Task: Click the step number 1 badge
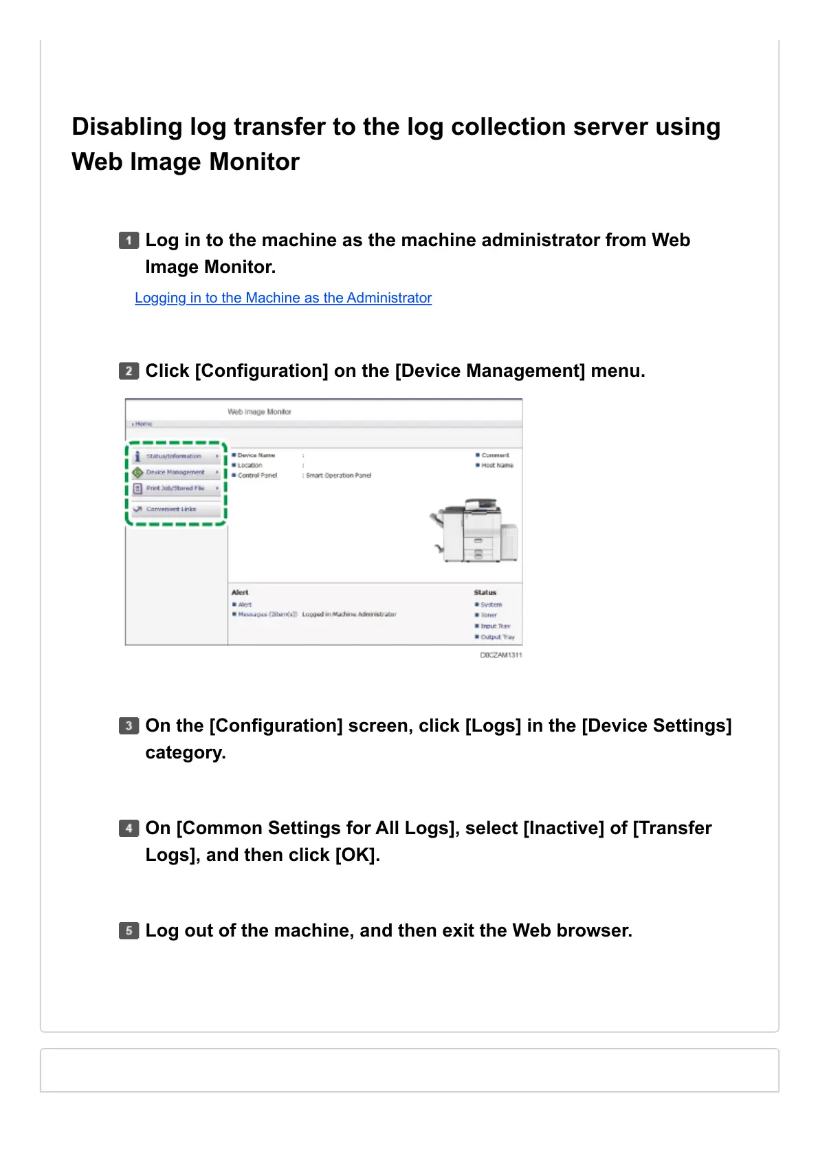click(129, 241)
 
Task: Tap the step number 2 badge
click(129, 371)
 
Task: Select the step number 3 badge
click(129, 726)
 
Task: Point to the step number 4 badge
click(129, 829)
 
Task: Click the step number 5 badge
click(129, 931)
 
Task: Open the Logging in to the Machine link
click(283, 298)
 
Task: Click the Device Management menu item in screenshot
click(175, 472)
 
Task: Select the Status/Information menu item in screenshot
click(174, 456)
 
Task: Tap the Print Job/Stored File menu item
click(175, 488)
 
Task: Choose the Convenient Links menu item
click(171, 510)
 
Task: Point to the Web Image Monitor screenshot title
click(260, 412)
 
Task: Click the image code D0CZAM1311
click(500, 655)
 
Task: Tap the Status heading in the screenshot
click(485, 592)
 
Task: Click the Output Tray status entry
click(497, 637)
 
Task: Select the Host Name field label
click(497, 466)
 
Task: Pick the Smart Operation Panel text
click(338, 475)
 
